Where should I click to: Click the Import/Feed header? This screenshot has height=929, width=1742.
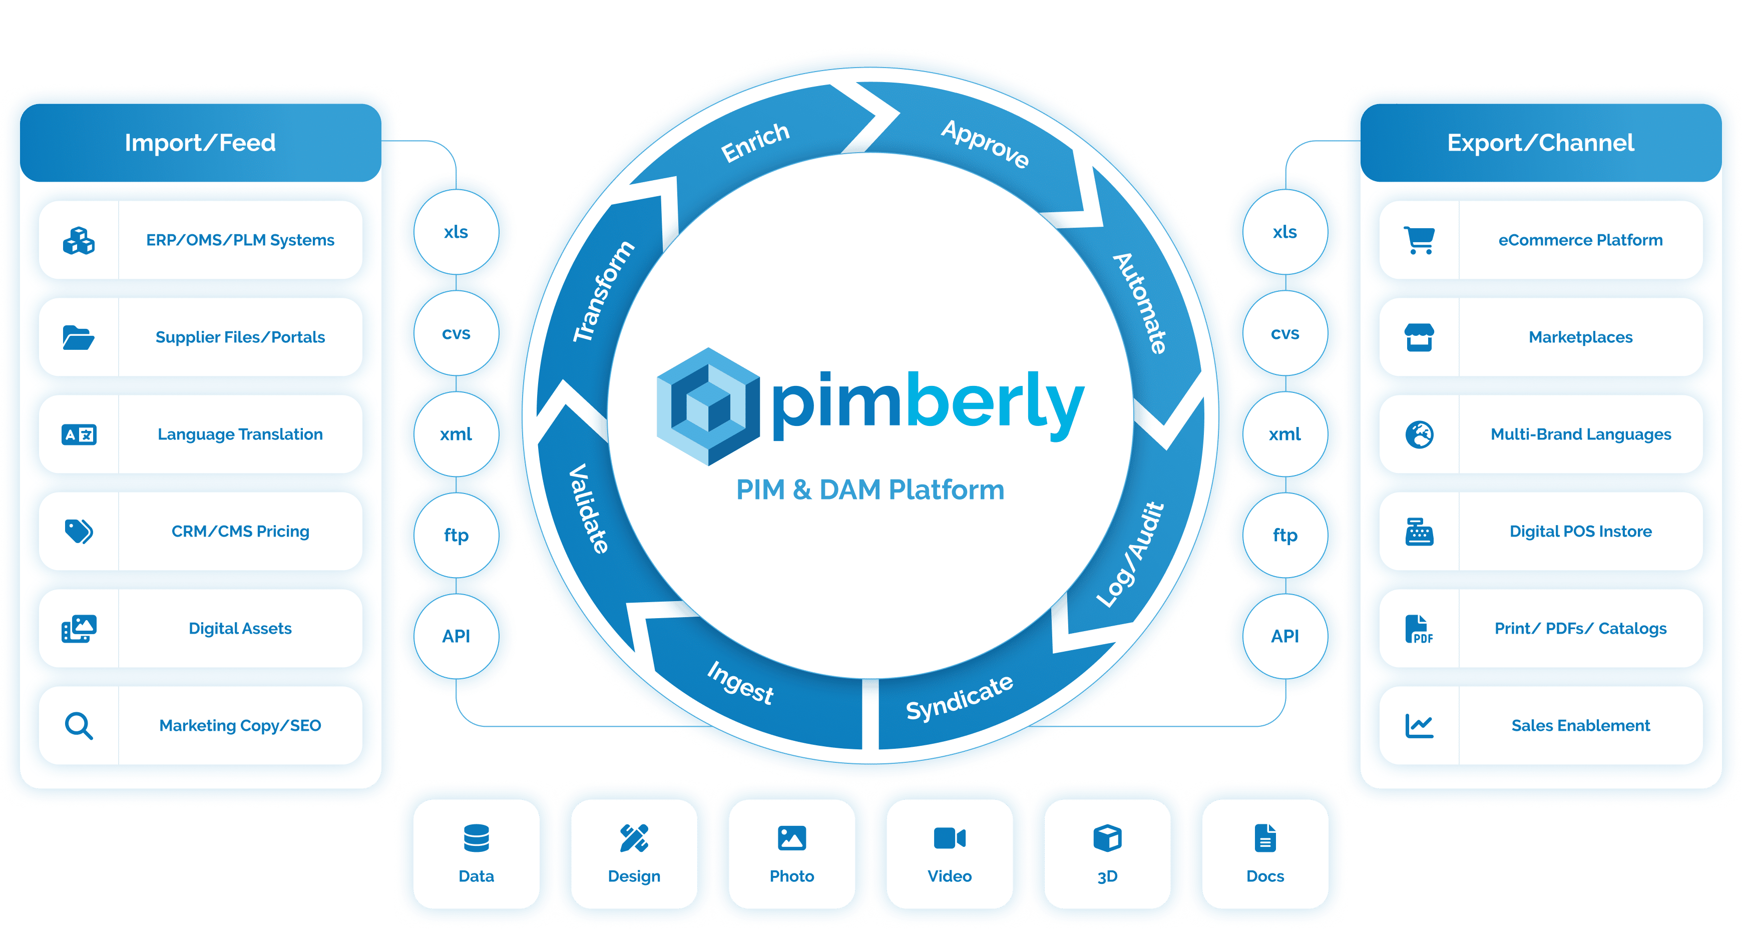[200, 143]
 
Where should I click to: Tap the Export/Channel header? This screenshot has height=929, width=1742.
[1540, 143]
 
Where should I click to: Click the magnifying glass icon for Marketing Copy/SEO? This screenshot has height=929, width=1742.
[79, 725]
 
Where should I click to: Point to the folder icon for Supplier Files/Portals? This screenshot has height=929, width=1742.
[79, 337]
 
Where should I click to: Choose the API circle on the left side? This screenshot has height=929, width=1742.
[457, 636]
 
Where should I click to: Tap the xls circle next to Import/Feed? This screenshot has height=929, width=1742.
[457, 232]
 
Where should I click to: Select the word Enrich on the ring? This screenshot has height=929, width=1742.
[755, 143]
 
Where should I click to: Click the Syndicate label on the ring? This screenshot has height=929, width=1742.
[960, 698]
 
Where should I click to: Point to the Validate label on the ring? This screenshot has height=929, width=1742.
[588, 509]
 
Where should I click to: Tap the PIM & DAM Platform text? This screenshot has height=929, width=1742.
[870, 490]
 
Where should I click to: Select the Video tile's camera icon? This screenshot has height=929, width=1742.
[950, 838]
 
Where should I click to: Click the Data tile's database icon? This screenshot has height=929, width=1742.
[476, 838]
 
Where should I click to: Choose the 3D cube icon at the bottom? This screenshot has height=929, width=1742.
[1107, 838]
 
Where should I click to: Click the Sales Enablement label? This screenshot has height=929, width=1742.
[1580, 725]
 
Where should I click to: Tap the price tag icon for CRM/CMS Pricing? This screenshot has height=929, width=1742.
[79, 532]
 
